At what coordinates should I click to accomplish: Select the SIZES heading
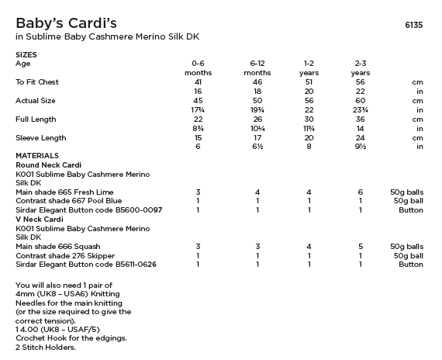point(26,54)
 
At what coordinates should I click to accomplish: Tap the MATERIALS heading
point(37,155)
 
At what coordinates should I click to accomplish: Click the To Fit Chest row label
point(37,81)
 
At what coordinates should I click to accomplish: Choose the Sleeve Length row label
point(38,137)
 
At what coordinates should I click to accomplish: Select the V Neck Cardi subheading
point(40,219)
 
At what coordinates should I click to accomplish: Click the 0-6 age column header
point(198,63)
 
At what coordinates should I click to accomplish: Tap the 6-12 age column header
point(257,63)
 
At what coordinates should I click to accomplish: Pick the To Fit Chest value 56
point(360,81)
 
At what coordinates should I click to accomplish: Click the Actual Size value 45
point(198,100)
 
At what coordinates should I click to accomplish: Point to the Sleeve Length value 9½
point(360,147)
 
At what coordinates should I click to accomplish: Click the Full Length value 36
point(360,119)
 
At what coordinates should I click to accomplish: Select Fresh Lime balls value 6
point(360,191)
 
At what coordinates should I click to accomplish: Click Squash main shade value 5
point(360,246)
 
